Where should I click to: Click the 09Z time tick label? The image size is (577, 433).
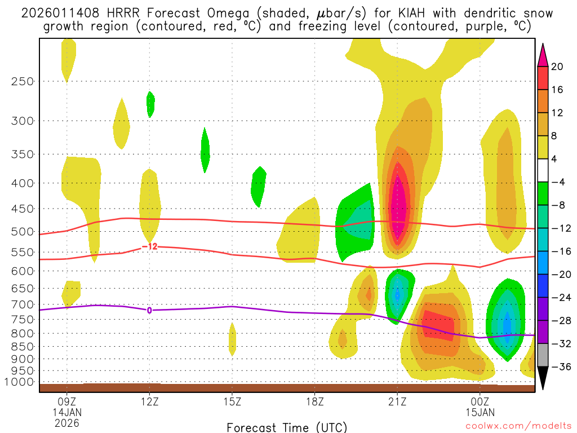tap(67, 402)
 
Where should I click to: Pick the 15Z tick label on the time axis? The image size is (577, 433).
tap(232, 402)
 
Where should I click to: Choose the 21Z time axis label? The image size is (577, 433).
tap(397, 402)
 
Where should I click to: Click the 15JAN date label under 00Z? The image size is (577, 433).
tap(480, 412)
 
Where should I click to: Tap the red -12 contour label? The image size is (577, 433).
tap(149, 246)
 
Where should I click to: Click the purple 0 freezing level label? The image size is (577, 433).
tap(149, 310)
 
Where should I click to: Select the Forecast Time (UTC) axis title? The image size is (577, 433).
tap(287, 427)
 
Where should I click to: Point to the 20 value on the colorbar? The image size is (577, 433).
tap(557, 67)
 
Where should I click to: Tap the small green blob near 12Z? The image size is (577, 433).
tap(150, 104)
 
